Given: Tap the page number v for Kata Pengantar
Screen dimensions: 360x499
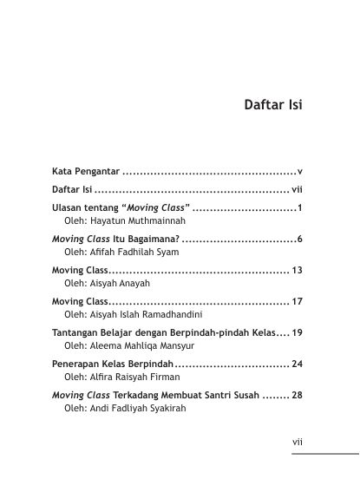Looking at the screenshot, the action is tap(298, 172).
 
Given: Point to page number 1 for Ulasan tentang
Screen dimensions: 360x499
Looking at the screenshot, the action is tap(298, 208).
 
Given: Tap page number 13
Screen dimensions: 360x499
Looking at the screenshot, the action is tap(296, 270).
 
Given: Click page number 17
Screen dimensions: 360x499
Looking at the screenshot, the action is tap(296, 301).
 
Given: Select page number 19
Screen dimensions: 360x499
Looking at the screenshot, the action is tap(296, 332).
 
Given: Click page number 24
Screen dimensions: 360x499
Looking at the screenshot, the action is tap(296, 364).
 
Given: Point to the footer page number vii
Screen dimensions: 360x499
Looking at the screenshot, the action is tap(296, 442).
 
